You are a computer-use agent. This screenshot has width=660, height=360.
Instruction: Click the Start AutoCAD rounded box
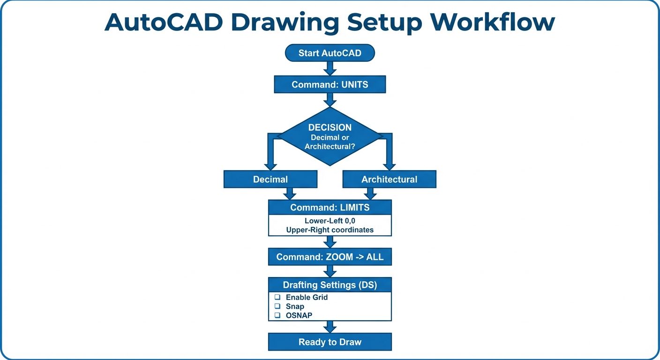point(330,53)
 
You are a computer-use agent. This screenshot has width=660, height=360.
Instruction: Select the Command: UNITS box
point(330,85)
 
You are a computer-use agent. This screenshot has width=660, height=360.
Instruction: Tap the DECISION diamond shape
point(330,136)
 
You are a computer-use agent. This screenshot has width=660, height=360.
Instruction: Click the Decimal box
point(270,180)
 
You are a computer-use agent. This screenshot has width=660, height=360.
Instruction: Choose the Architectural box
point(389,180)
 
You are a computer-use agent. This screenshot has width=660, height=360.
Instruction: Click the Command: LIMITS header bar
point(330,208)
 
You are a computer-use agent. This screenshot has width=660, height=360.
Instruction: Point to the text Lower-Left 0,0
point(330,221)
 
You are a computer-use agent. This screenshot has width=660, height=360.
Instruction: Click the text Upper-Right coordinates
point(330,230)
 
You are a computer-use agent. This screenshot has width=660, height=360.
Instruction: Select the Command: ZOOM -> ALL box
point(330,257)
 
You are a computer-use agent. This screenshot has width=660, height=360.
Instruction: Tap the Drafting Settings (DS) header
point(330,285)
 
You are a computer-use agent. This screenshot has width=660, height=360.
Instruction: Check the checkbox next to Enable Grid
point(277,298)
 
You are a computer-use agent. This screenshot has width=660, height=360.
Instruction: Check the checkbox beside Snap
point(277,307)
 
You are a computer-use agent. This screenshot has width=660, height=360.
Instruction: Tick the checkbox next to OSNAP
point(277,315)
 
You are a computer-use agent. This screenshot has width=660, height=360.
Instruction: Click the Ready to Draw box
point(330,342)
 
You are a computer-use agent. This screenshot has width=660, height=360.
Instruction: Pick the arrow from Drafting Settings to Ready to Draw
point(330,327)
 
